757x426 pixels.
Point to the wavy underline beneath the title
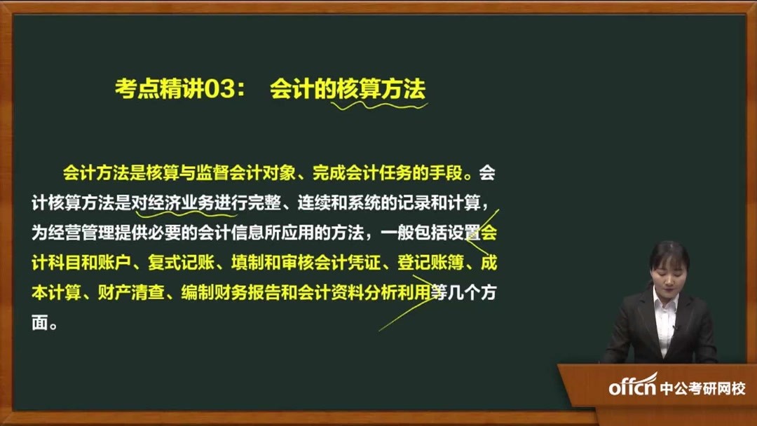click(x=379, y=105)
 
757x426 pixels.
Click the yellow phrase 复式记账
click(x=181, y=263)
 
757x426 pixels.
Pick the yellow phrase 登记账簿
click(x=430, y=263)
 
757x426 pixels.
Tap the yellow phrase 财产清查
click(x=131, y=292)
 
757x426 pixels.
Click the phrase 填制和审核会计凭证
click(x=306, y=263)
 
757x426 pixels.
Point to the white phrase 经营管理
click(x=81, y=233)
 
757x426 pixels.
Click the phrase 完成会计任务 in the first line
click(x=362, y=173)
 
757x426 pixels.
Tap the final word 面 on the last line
click(x=39, y=323)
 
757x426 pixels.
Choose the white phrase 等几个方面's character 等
click(x=439, y=292)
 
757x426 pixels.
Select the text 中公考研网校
click(x=702, y=388)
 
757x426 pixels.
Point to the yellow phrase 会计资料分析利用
click(x=364, y=292)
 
